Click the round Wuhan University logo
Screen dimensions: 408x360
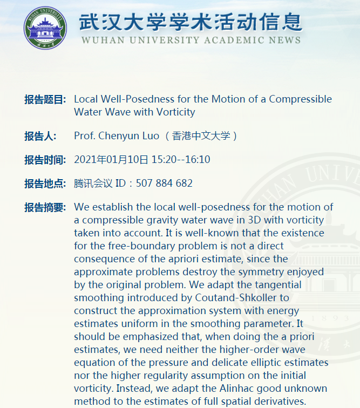[45, 27]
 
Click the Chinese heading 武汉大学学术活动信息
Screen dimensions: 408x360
[191, 21]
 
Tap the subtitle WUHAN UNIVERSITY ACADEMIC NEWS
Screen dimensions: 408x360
[191, 40]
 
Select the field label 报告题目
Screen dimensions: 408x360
[44, 99]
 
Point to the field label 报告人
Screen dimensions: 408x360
[40, 136]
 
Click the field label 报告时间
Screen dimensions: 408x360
[44, 160]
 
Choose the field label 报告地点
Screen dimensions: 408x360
[44, 183]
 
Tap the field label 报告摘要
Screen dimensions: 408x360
[44, 207]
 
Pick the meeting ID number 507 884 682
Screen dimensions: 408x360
[164, 183]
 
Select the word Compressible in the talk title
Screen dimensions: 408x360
[300, 99]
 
